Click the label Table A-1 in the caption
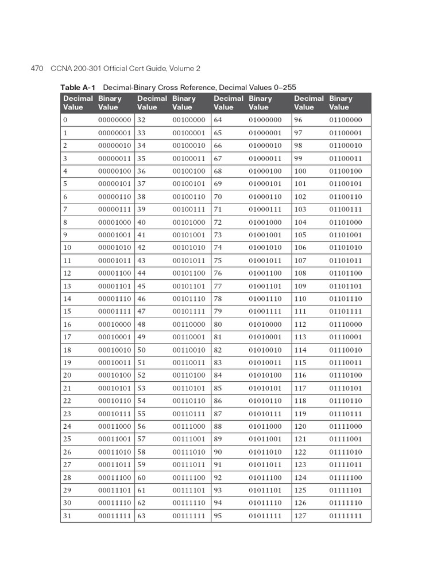[78, 87]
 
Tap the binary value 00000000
[115, 120]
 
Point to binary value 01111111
[346, 516]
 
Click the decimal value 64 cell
[218, 120]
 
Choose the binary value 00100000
[189, 120]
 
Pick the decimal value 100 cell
[300, 171]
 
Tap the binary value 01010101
[265, 388]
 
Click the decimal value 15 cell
[67, 311]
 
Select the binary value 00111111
[189, 516]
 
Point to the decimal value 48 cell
[142, 324]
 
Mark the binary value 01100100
[346, 171]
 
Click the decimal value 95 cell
[218, 516]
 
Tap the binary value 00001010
[115, 248]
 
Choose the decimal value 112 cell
[300, 324]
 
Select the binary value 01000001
[265, 132]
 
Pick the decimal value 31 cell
[67, 516]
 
